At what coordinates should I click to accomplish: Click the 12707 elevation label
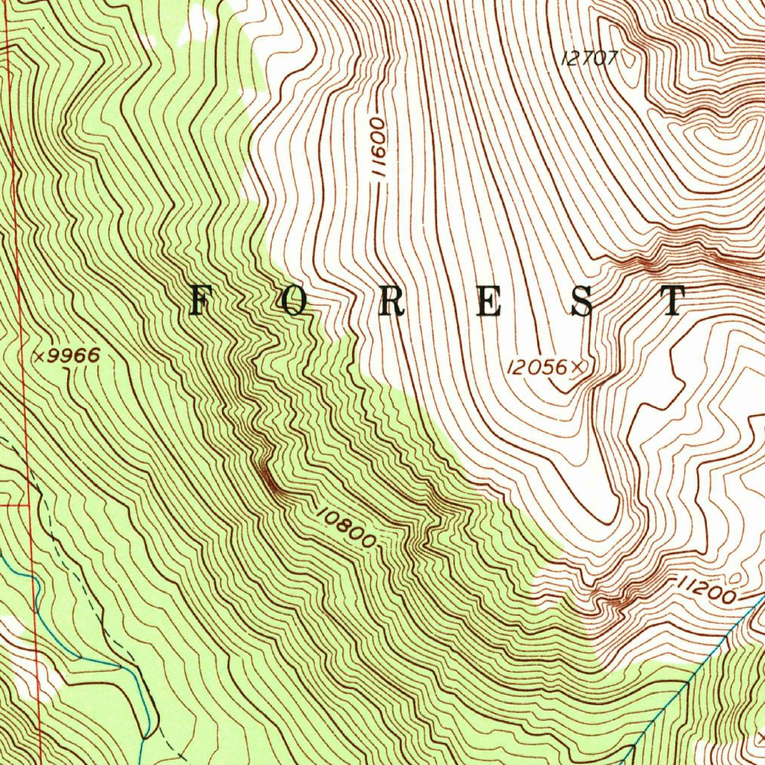click(589, 58)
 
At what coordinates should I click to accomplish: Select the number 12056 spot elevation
click(537, 367)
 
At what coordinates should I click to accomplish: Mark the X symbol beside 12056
click(577, 367)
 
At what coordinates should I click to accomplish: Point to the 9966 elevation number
click(73, 356)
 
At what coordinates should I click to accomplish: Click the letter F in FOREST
click(199, 301)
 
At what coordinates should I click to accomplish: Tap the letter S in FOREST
click(583, 301)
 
